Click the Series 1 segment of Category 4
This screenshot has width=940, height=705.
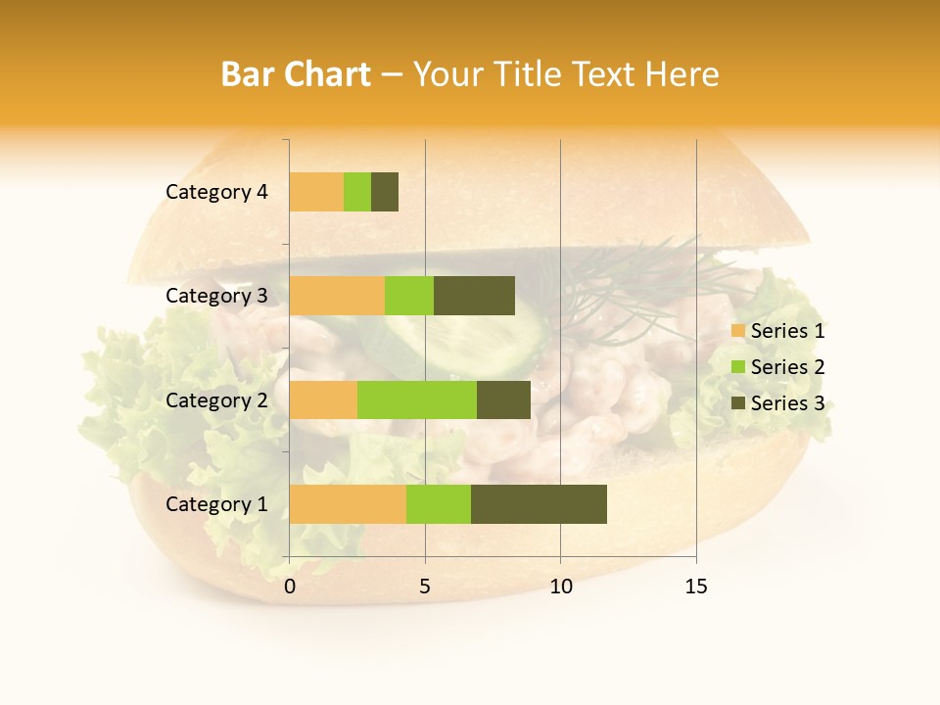tap(316, 192)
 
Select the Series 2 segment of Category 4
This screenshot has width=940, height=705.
tap(357, 192)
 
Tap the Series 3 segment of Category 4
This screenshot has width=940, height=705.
tap(385, 192)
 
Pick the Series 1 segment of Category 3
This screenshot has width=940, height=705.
tap(337, 296)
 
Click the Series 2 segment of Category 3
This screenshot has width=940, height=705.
tap(409, 296)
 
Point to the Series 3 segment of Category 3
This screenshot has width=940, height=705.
tap(474, 296)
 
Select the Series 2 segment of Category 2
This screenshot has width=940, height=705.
tap(417, 399)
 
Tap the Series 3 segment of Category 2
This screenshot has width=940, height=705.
tap(503, 399)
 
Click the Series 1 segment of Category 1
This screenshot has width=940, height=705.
tap(348, 504)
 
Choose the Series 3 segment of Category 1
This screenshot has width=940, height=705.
tap(539, 504)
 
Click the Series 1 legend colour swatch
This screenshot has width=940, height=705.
tap(737, 331)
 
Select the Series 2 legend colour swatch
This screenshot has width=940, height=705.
tap(737, 367)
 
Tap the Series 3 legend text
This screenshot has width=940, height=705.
tap(787, 403)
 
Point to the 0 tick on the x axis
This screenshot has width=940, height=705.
tap(290, 587)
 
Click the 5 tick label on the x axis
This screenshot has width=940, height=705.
tap(425, 587)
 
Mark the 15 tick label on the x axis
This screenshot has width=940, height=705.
tap(696, 587)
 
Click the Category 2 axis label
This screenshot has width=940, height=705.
tap(216, 399)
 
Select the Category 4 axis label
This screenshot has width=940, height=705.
tap(216, 192)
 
